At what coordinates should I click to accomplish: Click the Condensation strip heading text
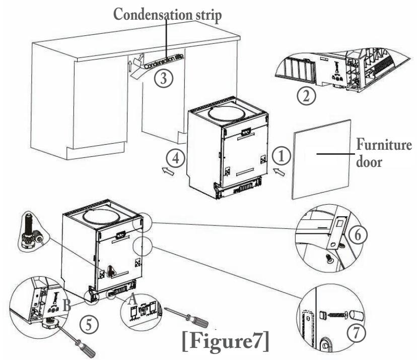pyautogui.click(x=168, y=14)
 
